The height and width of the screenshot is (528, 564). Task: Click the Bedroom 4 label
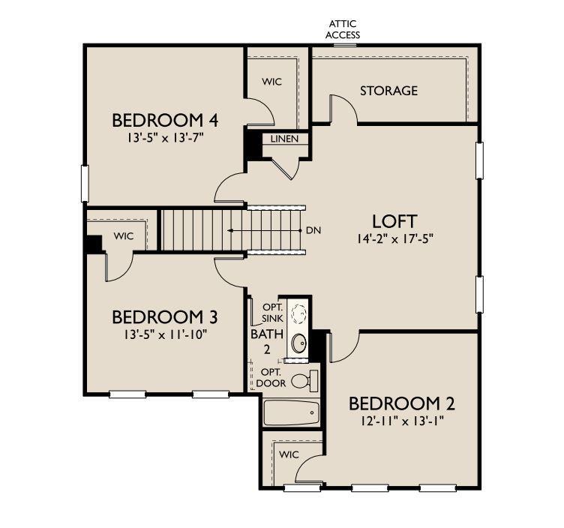165,120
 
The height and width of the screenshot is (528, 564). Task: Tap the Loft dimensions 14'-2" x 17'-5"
395,238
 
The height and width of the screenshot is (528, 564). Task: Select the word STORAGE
388,91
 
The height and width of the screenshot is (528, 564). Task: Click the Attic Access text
343,29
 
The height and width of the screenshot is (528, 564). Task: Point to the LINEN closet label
284,139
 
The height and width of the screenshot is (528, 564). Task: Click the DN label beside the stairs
313,230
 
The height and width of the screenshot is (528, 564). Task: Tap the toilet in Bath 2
304,379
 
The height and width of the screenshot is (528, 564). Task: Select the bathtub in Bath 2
291,412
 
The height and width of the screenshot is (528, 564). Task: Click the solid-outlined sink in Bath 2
299,343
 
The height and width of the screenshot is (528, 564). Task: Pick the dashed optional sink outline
299,313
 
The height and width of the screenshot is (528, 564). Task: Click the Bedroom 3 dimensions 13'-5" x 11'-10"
165,334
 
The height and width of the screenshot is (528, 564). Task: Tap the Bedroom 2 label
402,403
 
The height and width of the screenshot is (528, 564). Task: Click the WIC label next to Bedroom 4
272,82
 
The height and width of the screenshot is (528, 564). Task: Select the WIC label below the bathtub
289,454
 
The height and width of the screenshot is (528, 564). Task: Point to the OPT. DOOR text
271,378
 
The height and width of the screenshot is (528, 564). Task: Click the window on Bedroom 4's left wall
85,184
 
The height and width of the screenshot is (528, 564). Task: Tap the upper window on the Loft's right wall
479,160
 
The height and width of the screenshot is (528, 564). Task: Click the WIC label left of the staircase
123,236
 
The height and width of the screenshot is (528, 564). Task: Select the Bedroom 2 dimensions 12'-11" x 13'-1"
403,421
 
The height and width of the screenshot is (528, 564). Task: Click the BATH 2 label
267,341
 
